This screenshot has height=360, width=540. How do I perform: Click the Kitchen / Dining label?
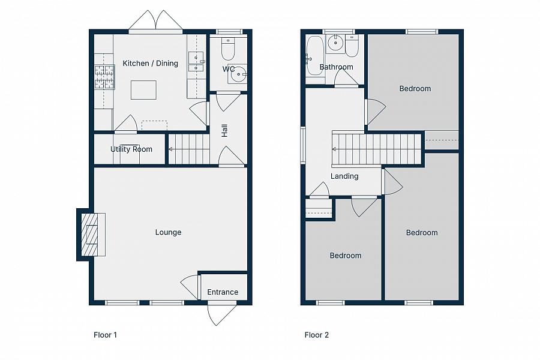tap(150, 64)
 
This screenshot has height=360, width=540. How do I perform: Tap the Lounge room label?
tap(168, 232)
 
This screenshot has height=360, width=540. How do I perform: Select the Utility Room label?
tap(131, 149)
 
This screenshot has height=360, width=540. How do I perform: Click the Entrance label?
tap(223, 292)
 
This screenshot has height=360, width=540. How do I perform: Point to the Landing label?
tap(344, 176)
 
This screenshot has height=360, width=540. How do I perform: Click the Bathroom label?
tap(336, 67)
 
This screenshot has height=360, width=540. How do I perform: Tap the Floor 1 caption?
tap(105, 335)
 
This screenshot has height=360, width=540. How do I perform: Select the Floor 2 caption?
tap(316, 335)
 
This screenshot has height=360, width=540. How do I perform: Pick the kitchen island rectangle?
tap(143, 90)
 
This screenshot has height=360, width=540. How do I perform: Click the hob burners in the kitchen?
tap(104, 76)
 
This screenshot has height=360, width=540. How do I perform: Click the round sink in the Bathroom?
tap(335, 43)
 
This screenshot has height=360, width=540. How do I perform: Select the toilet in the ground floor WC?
tap(228, 49)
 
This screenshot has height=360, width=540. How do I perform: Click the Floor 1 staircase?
tap(189, 149)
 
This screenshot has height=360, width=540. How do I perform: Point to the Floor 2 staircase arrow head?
tap(334, 149)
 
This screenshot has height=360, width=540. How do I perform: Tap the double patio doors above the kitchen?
tap(155, 20)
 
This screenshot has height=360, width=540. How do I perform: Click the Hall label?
tap(224, 131)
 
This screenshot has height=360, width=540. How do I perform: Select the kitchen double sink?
tap(196, 62)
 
